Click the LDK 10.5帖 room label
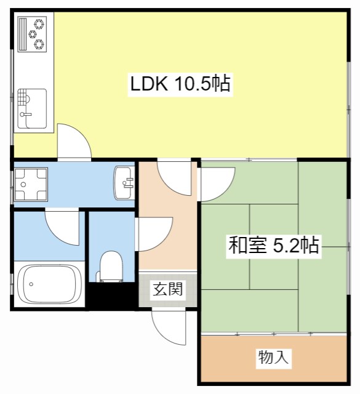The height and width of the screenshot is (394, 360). pos(180,84)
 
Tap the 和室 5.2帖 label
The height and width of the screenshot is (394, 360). pos(273,246)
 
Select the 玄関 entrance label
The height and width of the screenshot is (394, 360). pos(167,289)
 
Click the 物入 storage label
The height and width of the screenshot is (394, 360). pos(273,357)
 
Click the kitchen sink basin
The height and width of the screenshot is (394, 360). pos(32,109)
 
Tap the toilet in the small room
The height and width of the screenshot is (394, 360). pos(111,266)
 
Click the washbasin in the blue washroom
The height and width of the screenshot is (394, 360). pos(125,183)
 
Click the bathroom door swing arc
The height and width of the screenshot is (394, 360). pos(62,227)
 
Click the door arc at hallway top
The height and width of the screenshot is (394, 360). pos(175,175)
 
